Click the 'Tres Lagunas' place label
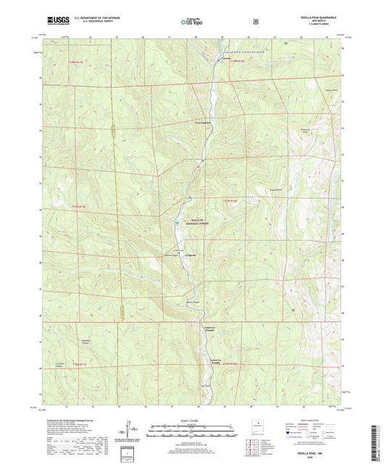click(x=206, y=123)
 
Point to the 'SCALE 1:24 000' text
click(x=191, y=421)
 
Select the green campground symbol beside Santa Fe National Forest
click(x=177, y=223)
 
